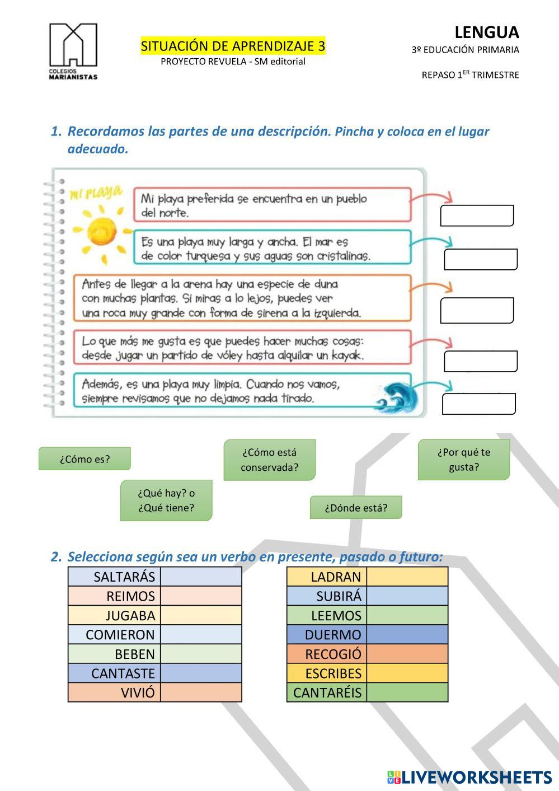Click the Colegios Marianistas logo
tap(73, 51)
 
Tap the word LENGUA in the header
tap(486, 32)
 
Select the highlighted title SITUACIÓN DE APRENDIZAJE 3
tap(233, 46)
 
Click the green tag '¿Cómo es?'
tap(84, 459)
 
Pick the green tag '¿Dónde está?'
tap(356, 508)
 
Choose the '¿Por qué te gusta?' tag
tap(464, 460)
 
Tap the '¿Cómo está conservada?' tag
tap(270, 460)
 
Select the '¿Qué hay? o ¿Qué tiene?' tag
tap(166, 500)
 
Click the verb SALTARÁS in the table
tap(124, 577)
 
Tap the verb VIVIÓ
tap(138, 692)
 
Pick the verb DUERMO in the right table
tap(333, 635)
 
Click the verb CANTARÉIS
tap(327, 692)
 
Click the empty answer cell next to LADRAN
tap(407, 577)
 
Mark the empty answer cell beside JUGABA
tap(201, 615)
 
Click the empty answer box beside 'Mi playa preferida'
tap(477, 216)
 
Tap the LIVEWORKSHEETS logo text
tap(476, 777)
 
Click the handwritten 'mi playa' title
tap(95, 194)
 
